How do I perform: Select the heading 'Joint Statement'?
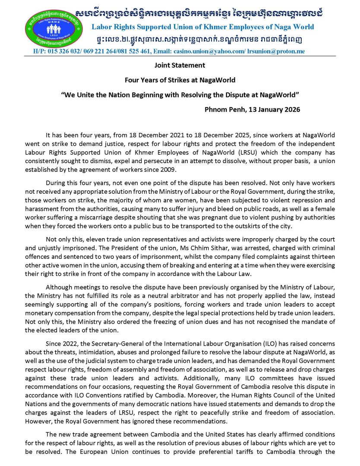(x=180, y=66)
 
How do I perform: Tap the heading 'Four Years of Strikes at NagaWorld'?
(x=180, y=80)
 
